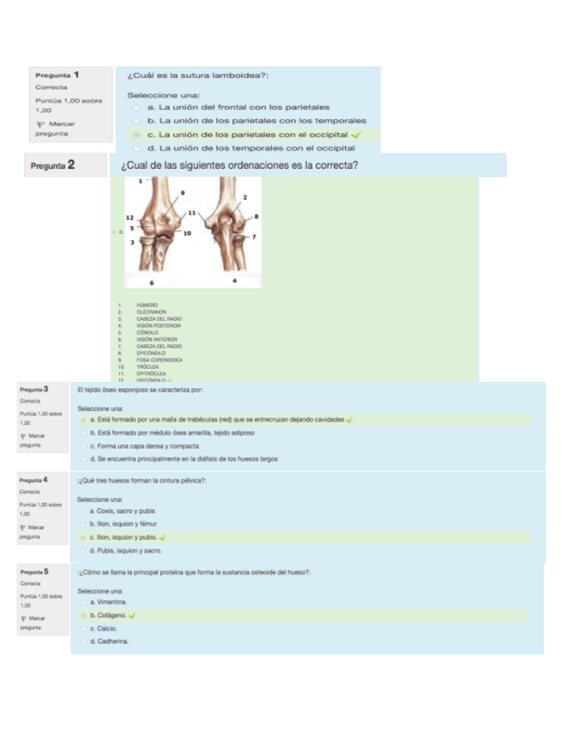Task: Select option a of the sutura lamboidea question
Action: pos(137,107)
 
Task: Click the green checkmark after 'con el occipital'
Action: pos(356,135)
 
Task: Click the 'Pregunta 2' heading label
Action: pos(53,165)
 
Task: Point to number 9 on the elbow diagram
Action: pos(182,193)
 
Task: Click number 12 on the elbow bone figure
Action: pos(130,216)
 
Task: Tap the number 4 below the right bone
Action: pos(235,281)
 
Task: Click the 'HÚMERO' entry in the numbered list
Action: pos(146,304)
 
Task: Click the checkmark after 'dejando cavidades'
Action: pos(350,420)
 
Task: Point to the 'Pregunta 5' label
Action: pos(34,571)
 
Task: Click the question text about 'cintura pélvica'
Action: pos(142,480)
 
